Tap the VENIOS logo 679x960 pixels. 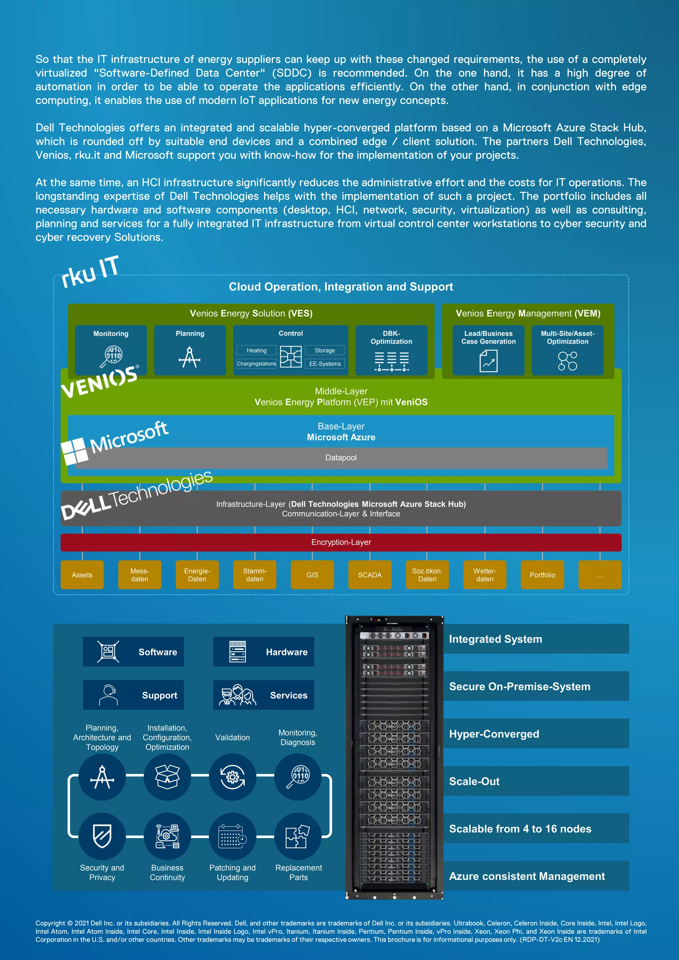click(x=99, y=382)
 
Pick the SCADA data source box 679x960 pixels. click(x=369, y=575)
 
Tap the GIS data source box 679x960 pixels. click(x=312, y=575)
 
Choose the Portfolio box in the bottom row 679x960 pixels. click(x=542, y=575)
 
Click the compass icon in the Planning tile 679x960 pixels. click(x=190, y=357)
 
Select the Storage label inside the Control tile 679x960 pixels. click(x=325, y=350)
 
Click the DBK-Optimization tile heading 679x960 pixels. click(x=391, y=337)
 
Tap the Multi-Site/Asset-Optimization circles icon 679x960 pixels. click(x=567, y=361)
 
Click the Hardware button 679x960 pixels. click(x=264, y=652)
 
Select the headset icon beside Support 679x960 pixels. click(x=108, y=695)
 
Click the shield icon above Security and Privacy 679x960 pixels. click(x=102, y=836)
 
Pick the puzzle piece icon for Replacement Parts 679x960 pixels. click(x=298, y=836)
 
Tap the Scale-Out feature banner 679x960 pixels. click(x=535, y=781)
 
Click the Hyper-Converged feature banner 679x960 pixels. click(x=535, y=734)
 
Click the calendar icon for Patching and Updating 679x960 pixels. click(x=232, y=836)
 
